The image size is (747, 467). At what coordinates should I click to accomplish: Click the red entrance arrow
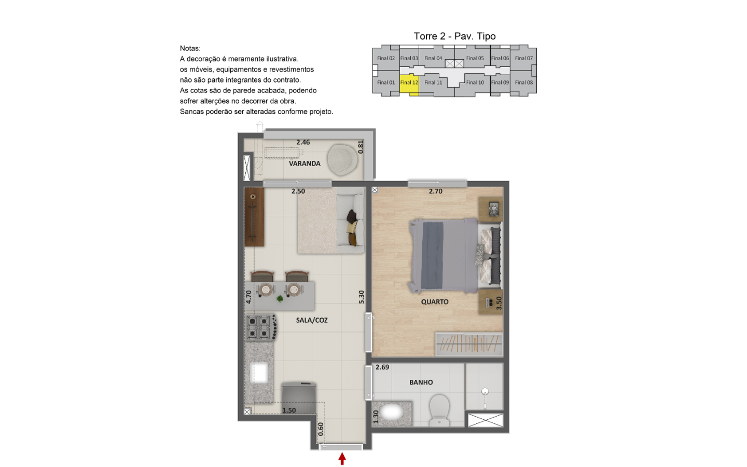tap(342, 459)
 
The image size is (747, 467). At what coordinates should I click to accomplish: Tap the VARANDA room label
tap(305, 163)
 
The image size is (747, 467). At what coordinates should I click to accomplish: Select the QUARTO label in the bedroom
tap(435, 302)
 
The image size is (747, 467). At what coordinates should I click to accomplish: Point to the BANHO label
tap(421, 382)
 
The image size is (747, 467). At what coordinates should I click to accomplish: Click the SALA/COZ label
tap(312, 320)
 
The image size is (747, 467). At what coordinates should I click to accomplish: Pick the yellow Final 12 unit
tap(409, 84)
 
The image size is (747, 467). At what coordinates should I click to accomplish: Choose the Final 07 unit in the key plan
tap(523, 58)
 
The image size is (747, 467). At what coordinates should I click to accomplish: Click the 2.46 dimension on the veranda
tap(303, 142)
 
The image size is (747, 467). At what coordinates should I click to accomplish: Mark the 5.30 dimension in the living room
tap(361, 297)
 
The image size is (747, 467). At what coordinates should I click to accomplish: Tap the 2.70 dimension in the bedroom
tap(436, 191)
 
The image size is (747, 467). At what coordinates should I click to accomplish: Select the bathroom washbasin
tap(392, 413)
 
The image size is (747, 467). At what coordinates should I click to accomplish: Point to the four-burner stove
tap(261, 327)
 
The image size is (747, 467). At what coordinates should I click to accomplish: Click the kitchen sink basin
tap(259, 373)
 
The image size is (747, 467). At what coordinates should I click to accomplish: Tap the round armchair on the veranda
tap(342, 160)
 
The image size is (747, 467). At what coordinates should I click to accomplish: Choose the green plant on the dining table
tap(280, 298)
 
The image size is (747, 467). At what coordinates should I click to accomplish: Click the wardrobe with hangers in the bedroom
tap(469, 344)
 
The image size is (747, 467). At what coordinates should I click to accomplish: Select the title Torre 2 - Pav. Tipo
tap(454, 36)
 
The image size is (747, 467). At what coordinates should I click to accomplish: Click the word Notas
tap(190, 48)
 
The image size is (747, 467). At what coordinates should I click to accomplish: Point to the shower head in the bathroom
tap(485, 391)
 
